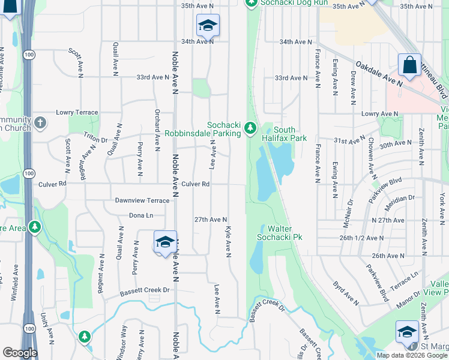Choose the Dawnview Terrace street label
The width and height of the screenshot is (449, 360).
[x=142, y=200]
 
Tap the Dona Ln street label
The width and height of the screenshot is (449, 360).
[x=141, y=215]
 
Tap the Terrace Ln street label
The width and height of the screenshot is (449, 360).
[x=406, y=278]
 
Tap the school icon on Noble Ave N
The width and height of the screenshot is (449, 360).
[x=165, y=242]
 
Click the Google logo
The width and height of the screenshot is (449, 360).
[x=20, y=353]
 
